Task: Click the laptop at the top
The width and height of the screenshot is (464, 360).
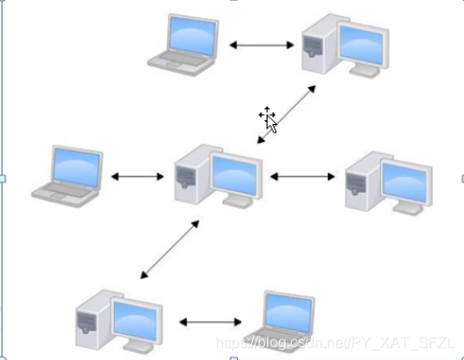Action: click(x=185, y=41)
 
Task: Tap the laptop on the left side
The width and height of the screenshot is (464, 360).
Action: click(x=67, y=174)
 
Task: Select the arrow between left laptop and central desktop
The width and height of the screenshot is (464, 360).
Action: click(x=138, y=175)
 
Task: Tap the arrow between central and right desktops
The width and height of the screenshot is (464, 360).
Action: click(x=302, y=175)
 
